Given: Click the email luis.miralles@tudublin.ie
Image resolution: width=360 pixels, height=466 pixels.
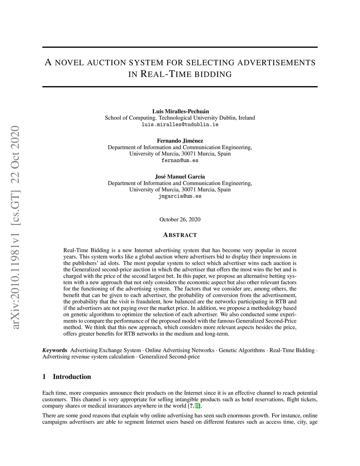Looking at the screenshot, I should click(x=180, y=125).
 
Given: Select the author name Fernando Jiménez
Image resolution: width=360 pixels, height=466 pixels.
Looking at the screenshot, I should click(x=180, y=141).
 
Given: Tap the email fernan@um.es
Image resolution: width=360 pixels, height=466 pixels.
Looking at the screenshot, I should click(x=180, y=160).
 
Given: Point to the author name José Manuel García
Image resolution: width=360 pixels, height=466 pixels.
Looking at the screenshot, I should click(x=180, y=177).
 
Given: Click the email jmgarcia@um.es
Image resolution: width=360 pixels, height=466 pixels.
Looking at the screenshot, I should click(x=180, y=196).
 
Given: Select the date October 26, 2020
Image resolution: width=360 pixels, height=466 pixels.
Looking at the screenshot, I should click(x=180, y=219).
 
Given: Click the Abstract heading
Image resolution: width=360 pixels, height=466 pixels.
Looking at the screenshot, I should click(x=180, y=235).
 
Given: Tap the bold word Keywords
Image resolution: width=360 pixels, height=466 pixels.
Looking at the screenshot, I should click(x=55, y=350).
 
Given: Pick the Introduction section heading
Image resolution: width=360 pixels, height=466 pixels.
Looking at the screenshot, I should click(x=72, y=377).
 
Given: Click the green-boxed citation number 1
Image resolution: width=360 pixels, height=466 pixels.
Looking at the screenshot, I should click(x=197, y=406).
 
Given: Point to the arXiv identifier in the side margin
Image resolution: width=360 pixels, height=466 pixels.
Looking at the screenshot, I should click(x=16, y=228).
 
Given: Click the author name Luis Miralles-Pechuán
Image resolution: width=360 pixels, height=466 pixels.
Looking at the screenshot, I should click(x=180, y=111).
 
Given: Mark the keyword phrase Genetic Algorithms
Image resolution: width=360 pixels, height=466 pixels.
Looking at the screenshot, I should click(x=242, y=350).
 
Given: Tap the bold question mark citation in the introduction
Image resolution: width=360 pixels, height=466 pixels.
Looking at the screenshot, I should click(x=190, y=406).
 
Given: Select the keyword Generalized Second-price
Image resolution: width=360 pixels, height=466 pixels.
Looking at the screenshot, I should click(x=169, y=357).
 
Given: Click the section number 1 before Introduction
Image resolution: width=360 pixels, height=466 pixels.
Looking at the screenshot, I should click(x=44, y=377).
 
